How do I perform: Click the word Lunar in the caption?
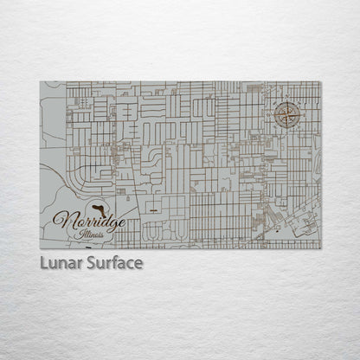(61, 262)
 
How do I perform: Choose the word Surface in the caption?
(112, 262)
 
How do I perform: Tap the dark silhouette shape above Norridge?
(98, 207)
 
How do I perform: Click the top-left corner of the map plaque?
(41, 82)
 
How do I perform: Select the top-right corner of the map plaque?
(321, 82)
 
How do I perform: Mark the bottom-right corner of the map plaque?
(321, 249)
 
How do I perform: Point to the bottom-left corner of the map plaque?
(41, 249)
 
